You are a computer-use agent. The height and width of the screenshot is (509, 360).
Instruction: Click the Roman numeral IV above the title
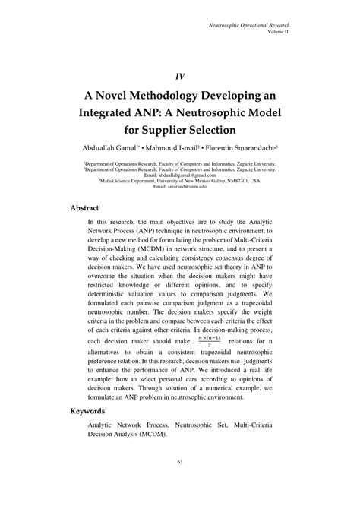[180, 76]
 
